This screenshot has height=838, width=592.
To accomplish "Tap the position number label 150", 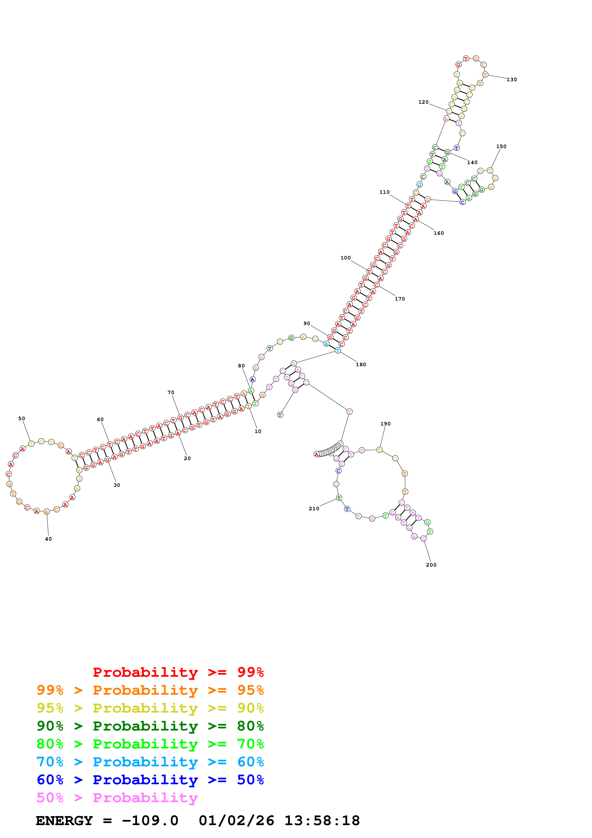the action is click(x=501, y=146).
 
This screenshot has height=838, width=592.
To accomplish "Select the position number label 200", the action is click(x=431, y=565).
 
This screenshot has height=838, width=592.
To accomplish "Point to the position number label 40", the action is click(x=48, y=539).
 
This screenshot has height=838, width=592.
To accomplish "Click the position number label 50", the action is click(x=22, y=419).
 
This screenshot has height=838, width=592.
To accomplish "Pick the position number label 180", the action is click(x=361, y=365).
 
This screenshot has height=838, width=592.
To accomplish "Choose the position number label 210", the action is click(x=314, y=508).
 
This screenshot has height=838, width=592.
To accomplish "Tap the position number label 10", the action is click(x=258, y=431).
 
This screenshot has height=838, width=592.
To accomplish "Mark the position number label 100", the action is click(x=345, y=258).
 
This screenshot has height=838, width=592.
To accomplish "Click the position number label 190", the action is click(x=385, y=424).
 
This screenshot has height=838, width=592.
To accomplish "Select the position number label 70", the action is click(x=171, y=392).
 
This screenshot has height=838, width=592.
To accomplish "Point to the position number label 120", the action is click(x=423, y=102).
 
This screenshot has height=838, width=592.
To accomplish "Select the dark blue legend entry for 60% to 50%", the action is click(x=150, y=780).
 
